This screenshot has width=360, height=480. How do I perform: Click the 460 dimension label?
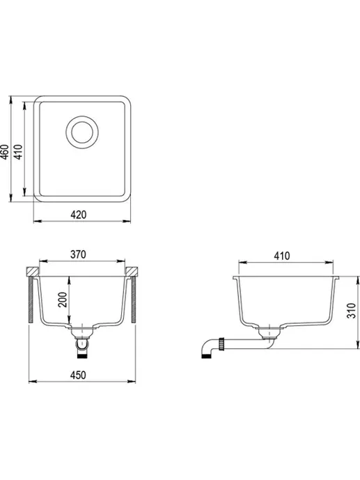[x=5, y=152]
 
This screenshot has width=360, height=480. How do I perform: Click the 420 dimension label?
[x=79, y=215]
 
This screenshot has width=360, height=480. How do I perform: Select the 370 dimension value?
[x=78, y=254]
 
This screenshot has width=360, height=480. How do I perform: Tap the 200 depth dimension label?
[x=63, y=300]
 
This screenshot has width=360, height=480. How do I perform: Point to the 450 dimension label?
[x=78, y=375]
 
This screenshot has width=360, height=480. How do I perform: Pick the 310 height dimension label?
[x=352, y=311]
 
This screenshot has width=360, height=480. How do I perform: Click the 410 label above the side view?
[x=282, y=256]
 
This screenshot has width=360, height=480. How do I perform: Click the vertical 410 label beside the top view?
[x=18, y=152]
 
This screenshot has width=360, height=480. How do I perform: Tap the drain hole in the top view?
[x=82, y=132]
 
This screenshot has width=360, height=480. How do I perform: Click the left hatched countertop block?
[x=33, y=272]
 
